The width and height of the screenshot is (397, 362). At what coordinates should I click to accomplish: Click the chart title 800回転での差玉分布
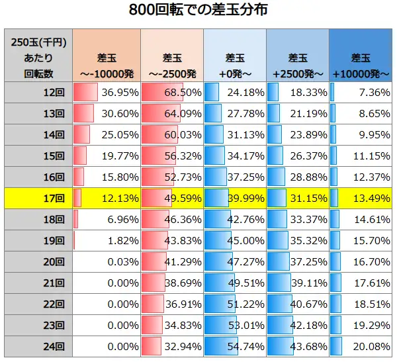(198, 11)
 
